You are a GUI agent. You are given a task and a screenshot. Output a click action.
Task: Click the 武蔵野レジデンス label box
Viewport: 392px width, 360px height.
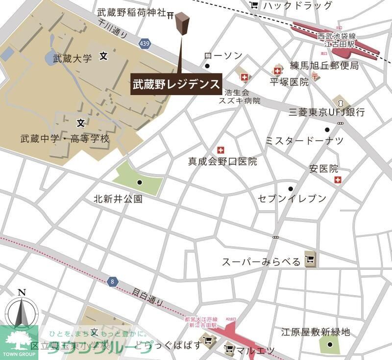tap(176, 84)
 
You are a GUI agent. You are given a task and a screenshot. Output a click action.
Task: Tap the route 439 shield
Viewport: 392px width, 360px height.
tap(144, 44)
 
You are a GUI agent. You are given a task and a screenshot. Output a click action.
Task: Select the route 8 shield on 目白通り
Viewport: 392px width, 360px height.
tap(113, 282)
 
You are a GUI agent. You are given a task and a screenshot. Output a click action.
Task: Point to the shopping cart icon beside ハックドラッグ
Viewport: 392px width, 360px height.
tap(254, 5)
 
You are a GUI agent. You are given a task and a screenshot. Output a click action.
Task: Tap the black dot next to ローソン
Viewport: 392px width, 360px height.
tap(207, 66)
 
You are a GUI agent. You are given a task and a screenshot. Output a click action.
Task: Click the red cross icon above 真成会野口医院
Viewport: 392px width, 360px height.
tap(220, 150)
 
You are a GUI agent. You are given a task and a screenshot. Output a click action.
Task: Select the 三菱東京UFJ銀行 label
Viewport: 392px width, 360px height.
tap(327, 112)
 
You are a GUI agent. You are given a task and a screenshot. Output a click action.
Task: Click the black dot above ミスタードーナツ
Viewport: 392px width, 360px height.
tap(327, 129)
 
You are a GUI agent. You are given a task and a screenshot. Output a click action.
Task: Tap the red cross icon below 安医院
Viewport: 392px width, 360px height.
tap(338, 180)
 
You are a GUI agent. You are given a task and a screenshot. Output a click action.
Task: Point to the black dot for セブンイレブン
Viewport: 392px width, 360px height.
tap(291, 189)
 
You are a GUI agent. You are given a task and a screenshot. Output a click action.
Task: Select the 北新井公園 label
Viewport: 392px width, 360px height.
tap(118, 199)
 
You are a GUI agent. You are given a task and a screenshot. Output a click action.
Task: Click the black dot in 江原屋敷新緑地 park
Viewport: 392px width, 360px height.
tap(330, 344)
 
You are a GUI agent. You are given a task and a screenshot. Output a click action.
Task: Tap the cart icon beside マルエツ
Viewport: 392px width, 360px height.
tap(229, 350)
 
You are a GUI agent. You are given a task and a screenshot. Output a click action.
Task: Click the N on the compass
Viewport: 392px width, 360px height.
tap(22, 293)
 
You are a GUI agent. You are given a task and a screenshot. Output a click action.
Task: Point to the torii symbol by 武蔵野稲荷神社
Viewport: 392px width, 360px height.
tap(171, 15)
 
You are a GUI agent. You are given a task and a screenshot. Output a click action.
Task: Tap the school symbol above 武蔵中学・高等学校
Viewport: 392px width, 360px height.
tap(81, 122)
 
